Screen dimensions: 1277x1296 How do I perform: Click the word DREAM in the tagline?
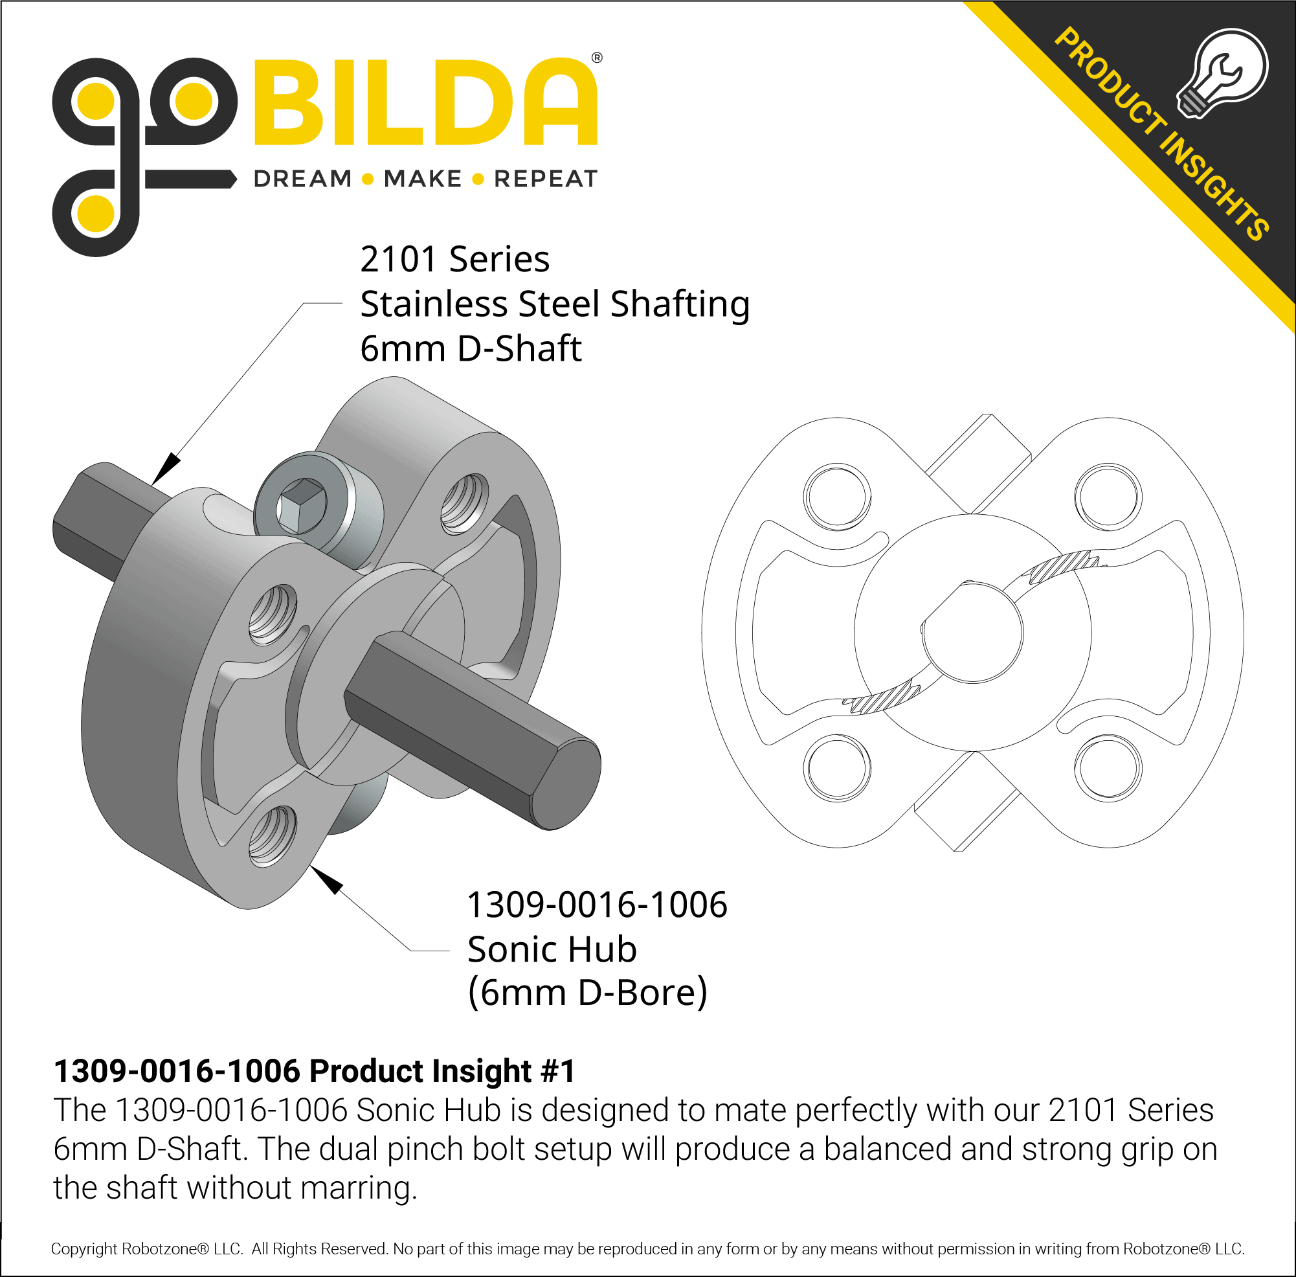[302, 179]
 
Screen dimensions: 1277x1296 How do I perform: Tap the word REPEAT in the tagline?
[545, 179]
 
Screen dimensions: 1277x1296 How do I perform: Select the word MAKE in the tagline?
[422, 179]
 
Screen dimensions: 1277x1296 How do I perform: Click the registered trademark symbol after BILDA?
[597, 58]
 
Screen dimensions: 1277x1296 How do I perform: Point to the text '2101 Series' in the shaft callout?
[454, 260]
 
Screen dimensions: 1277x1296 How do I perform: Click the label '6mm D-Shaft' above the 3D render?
[470, 349]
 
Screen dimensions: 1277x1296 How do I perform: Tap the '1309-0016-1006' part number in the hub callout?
[596, 905]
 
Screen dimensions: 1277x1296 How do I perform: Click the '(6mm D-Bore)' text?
[587, 993]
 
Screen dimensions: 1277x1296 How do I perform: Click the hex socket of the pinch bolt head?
[303, 502]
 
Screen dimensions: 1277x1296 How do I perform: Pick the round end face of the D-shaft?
[568, 784]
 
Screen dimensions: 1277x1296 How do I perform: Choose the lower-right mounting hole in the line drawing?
[1107, 769]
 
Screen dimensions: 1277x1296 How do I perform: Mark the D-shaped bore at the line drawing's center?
[972, 632]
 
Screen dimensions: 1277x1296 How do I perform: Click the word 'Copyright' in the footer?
[84, 1249]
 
